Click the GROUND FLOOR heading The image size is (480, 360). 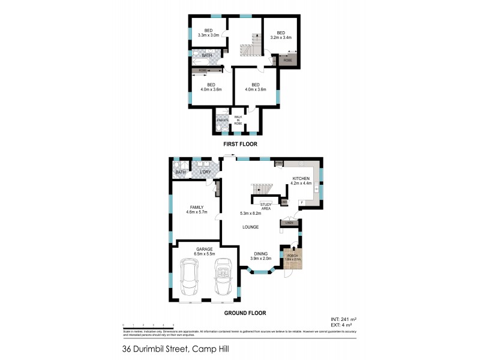[x=245, y=313]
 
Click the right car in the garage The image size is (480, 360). [x=222, y=279]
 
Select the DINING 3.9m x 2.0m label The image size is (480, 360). [x=260, y=256]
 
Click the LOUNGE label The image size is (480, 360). [x=251, y=227]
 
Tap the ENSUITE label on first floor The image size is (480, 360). [x=222, y=121]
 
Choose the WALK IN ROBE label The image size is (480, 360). [x=238, y=120]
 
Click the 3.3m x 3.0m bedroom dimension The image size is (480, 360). [x=209, y=35]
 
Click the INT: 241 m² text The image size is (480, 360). [x=344, y=319]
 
